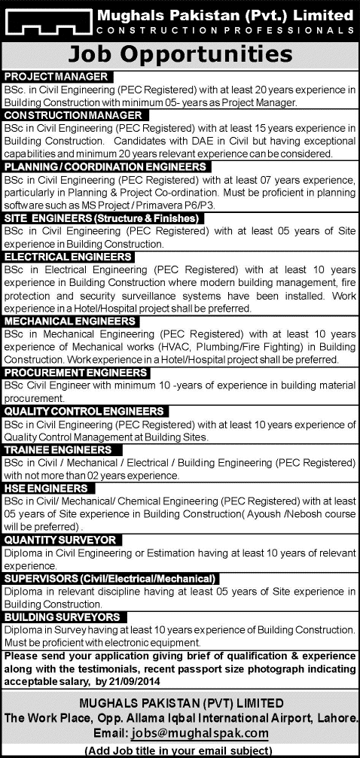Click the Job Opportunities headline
[179, 55]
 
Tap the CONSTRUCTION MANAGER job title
[73, 114]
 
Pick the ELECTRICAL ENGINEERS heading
[69, 257]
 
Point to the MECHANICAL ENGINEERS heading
[70, 321]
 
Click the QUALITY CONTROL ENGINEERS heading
[84, 410]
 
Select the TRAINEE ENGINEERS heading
[58, 449]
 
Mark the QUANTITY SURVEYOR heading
[60, 540]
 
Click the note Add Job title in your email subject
[180, 750]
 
